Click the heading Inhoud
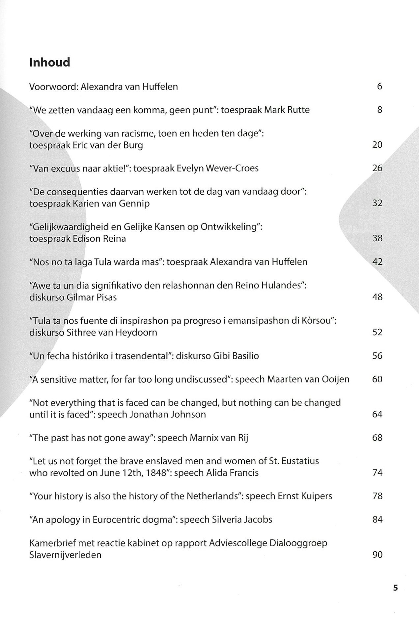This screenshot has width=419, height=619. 50,62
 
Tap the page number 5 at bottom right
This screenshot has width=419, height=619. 396,588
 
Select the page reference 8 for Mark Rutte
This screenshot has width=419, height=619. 379,110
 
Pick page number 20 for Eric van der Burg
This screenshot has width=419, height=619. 377,145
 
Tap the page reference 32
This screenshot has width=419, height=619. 377,203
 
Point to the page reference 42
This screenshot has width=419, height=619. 377,262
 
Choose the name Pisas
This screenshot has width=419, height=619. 105,297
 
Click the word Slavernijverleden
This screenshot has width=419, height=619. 65,555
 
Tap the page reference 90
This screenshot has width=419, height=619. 377,555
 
